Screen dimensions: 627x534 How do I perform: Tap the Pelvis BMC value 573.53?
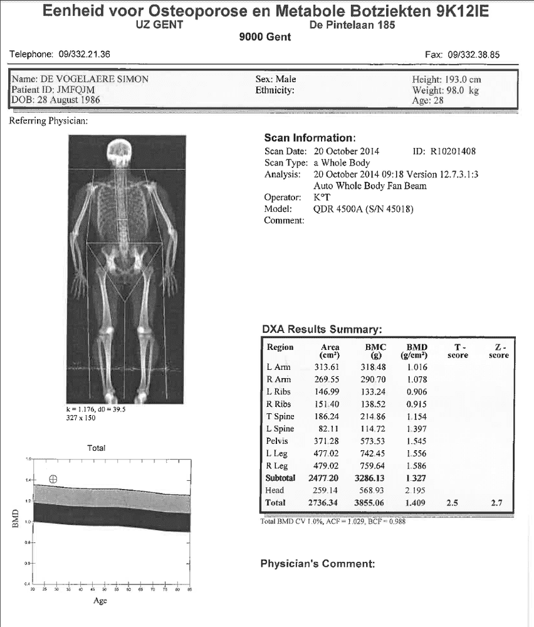click(374, 441)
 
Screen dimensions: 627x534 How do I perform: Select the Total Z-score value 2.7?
click(498, 503)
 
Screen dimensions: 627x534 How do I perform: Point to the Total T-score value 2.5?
click(452, 503)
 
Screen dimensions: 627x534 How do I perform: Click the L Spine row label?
click(280, 429)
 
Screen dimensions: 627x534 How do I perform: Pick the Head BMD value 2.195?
click(416, 490)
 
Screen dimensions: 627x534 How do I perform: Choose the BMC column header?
click(375, 347)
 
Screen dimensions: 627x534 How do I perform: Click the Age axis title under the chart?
click(100, 601)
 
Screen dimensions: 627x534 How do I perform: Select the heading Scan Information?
click(310, 138)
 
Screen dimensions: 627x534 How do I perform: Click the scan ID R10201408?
click(453, 151)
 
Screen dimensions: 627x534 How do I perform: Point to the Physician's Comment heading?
click(317, 564)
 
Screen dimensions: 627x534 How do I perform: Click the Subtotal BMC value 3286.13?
click(374, 478)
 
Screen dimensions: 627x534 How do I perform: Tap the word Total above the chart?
click(96, 448)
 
